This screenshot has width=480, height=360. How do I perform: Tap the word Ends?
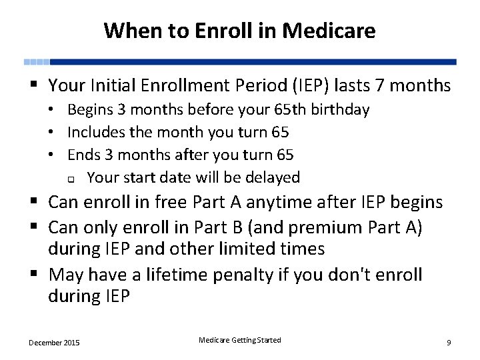84,155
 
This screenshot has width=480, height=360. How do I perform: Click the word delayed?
272,177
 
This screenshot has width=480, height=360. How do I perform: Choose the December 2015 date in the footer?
54,343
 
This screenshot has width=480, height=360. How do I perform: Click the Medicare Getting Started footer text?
240,340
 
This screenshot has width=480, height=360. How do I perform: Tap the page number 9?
449,343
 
